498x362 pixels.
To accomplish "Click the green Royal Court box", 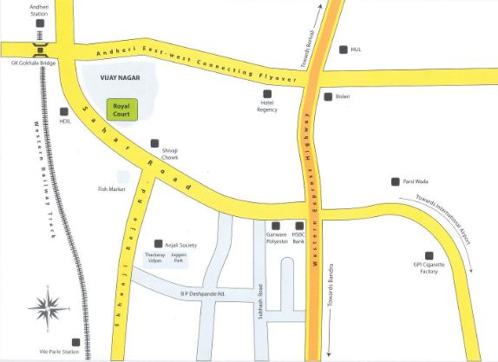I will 121,109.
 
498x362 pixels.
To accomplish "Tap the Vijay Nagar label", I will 115,77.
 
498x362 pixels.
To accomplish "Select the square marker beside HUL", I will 344,49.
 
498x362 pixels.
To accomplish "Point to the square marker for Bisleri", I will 327,96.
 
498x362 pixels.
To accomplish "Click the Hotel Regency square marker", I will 267,93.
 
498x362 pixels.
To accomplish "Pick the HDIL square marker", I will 64,110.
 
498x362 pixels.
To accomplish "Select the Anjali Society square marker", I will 156,244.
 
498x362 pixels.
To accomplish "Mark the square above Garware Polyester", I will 276,226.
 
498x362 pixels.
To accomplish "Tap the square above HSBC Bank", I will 299,226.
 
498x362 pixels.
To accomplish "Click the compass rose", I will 49,305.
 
